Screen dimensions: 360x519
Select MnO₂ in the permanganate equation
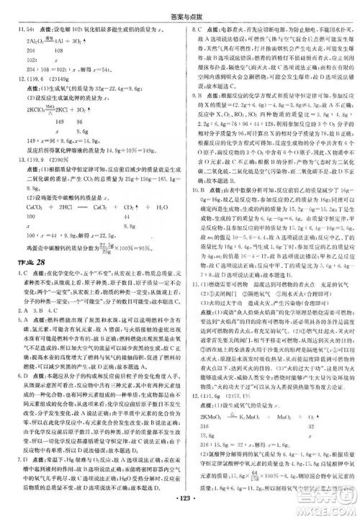tap(295, 434)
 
